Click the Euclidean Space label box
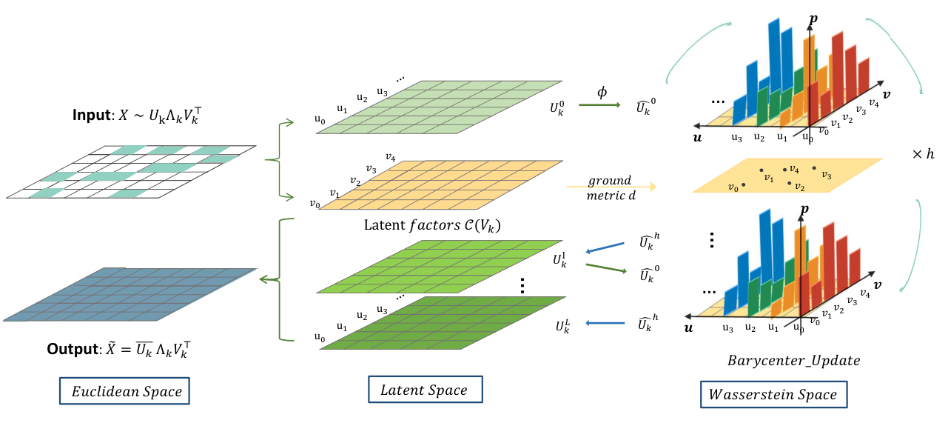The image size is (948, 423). [x=124, y=391]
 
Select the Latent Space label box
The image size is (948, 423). [x=426, y=389]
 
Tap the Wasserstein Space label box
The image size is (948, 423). [x=773, y=394]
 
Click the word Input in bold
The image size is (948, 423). [x=92, y=115]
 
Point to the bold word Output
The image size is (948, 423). [x=73, y=349]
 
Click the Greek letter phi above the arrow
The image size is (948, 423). [x=602, y=92]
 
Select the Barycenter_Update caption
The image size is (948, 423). [x=793, y=361]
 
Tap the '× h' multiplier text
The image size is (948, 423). [x=923, y=154]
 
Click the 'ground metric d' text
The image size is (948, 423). [x=611, y=187]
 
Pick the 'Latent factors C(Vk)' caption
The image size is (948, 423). [x=432, y=225]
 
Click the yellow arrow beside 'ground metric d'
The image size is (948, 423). [x=611, y=187]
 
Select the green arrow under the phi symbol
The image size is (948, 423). [x=599, y=104]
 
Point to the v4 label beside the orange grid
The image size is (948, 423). [x=390, y=158]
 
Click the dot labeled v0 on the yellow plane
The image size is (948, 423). [x=744, y=184]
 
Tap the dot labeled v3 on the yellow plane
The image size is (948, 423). [x=814, y=168]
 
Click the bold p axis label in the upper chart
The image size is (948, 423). [x=813, y=19]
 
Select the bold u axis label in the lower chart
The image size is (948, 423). [x=688, y=328]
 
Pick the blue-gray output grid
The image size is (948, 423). [x=130, y=295]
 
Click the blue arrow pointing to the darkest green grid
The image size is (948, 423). [x=605, y=324]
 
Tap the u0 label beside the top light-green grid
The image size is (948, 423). [x=320, y=119]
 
